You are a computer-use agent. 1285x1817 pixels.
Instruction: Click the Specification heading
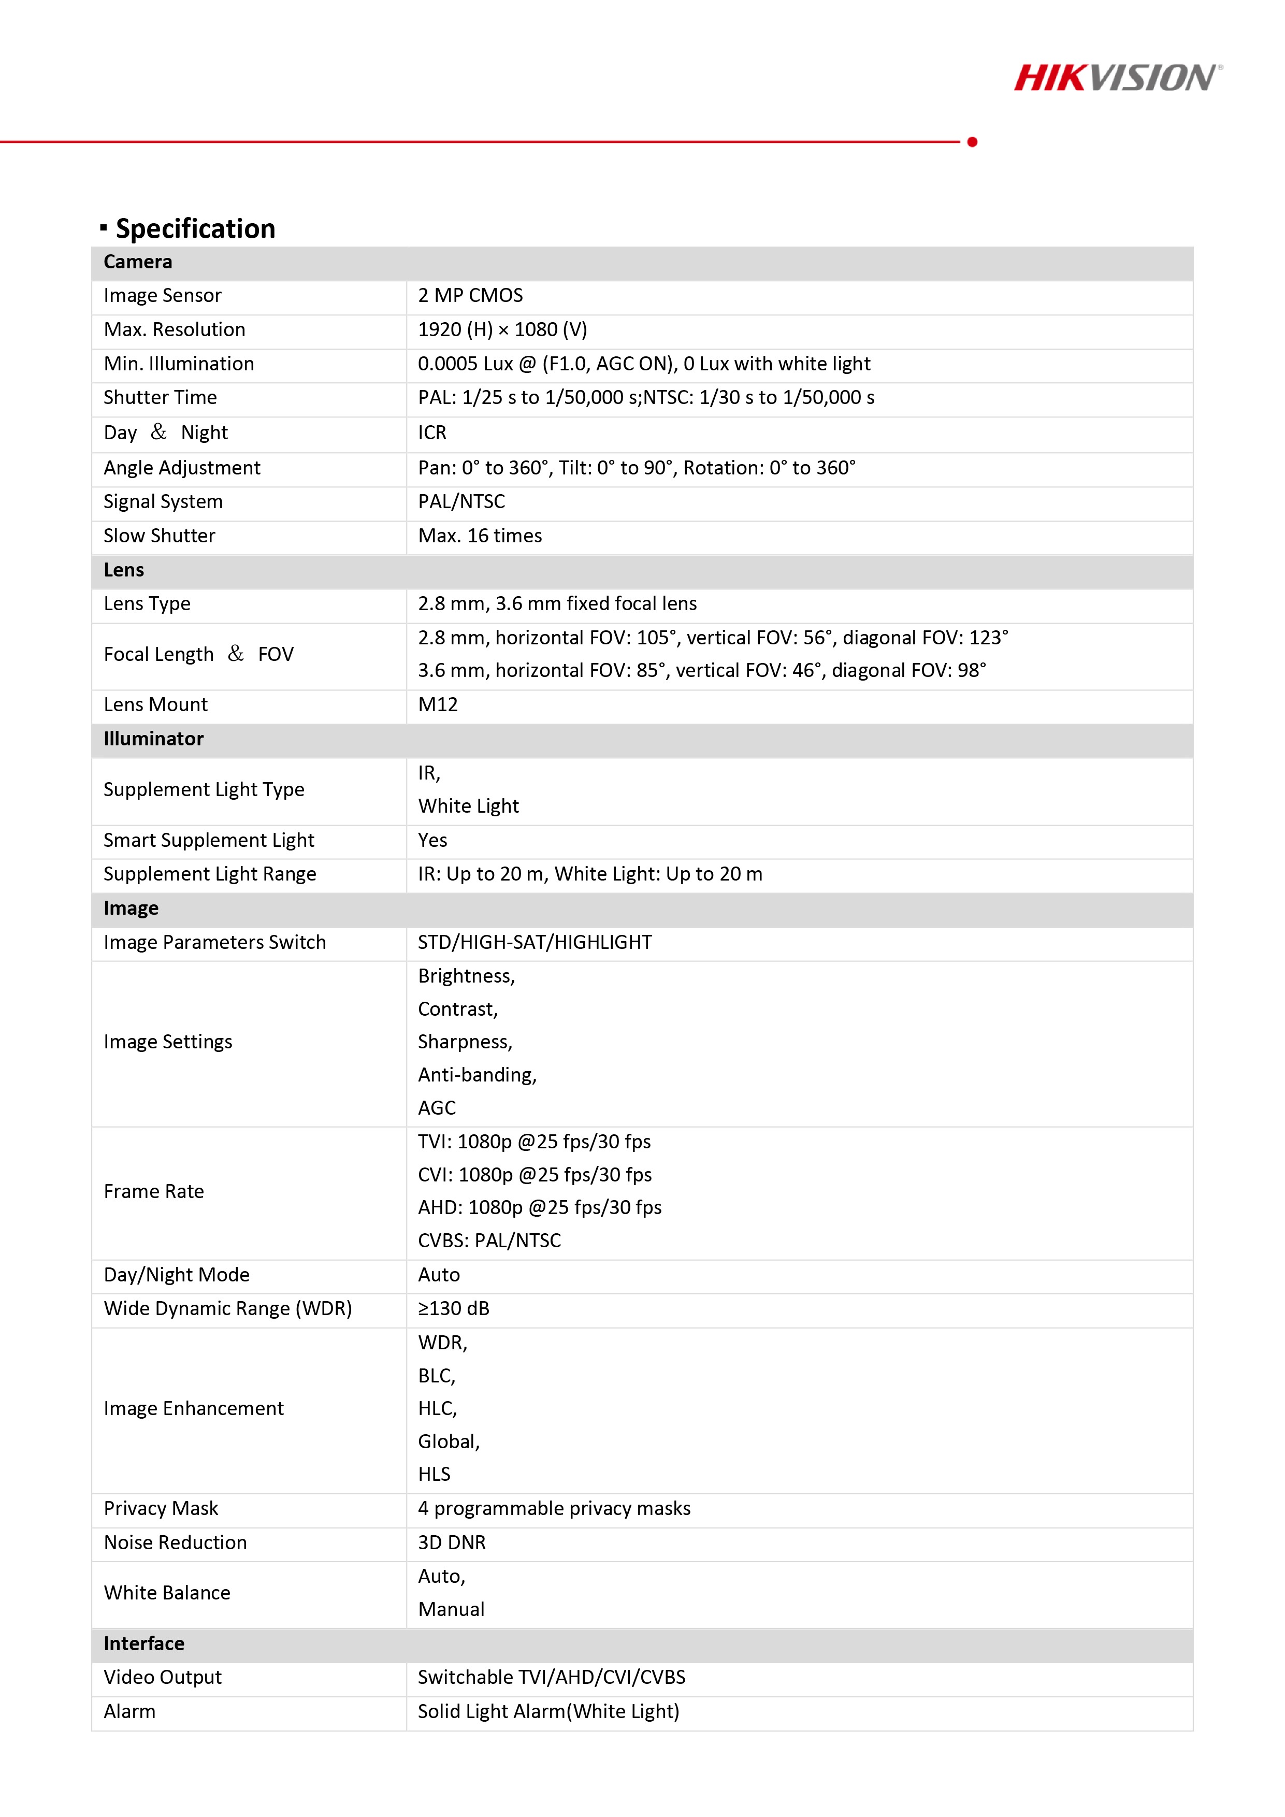click(195, 229)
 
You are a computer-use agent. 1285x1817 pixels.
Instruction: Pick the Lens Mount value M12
click(438, 704)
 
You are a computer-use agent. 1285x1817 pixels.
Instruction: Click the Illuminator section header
click(153, 739)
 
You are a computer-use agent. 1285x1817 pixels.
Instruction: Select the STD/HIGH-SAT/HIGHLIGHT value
click(535, 942)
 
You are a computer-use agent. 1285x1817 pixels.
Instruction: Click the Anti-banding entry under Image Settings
click(477, 1075)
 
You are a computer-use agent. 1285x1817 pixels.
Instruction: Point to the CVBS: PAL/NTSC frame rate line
click(489, 1240)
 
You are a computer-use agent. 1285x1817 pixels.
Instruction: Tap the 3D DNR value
click(452, 1542)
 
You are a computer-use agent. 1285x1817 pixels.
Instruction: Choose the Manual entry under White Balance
click(451, 1609)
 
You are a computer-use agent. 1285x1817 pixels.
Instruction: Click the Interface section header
click(143, 1643)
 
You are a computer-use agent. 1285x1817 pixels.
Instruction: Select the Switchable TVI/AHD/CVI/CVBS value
click(552, 1677)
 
